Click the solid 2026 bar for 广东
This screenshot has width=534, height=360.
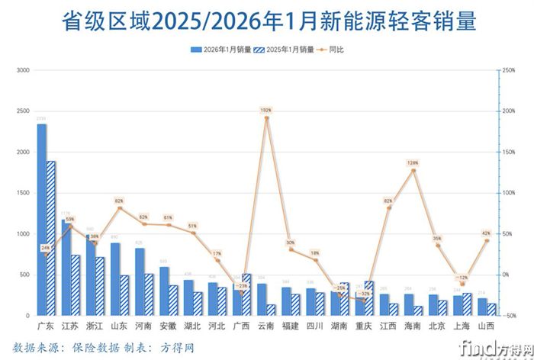(41, 221)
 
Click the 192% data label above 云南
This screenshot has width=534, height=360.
(266, 111)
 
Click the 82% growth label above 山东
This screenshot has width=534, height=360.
(120, 201)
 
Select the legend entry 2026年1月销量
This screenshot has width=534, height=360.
(219, 50)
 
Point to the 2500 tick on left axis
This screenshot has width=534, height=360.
(22, 111)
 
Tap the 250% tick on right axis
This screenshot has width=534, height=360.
(509, 70)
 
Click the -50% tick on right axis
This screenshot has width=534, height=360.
(509, 315)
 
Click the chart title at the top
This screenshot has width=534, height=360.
(267, 21)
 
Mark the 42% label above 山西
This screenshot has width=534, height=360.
(486, 233)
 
